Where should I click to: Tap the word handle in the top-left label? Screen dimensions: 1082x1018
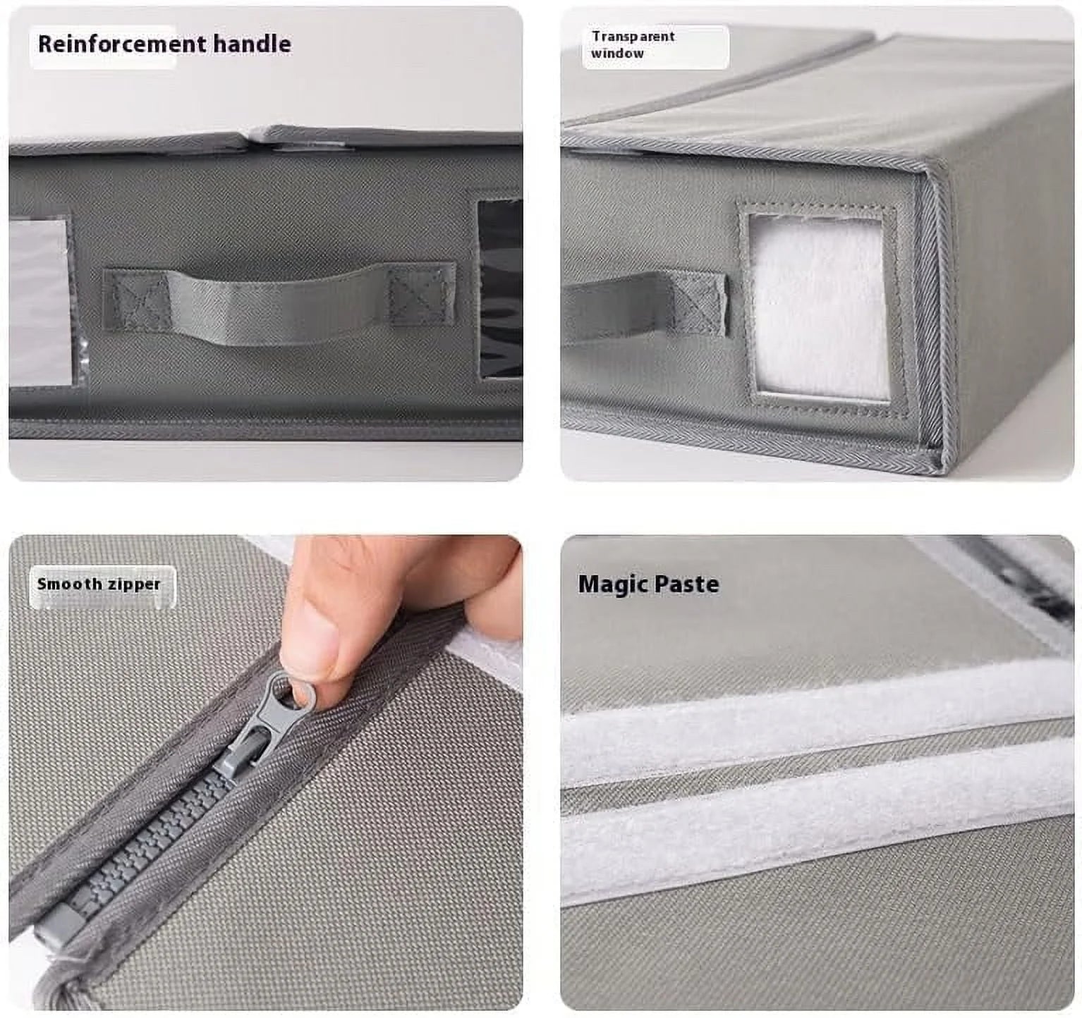[252, 44]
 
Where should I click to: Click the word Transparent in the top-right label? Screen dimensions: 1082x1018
[633, 37]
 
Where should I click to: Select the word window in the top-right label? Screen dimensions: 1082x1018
[617, 54]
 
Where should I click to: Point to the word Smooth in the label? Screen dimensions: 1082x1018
[70, 584]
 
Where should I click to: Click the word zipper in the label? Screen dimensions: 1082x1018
[133, 584]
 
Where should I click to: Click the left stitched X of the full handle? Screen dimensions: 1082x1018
[136, 300]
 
